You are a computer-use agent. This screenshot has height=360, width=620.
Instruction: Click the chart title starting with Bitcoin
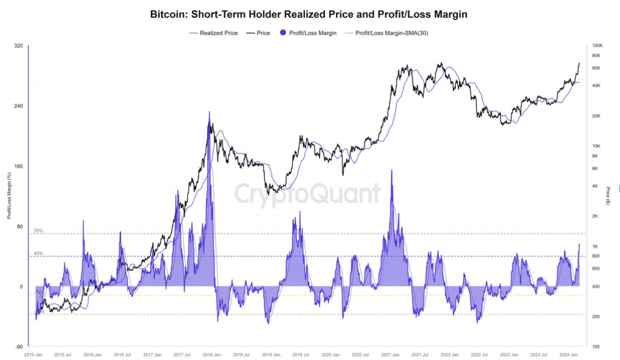(x=308, y=15)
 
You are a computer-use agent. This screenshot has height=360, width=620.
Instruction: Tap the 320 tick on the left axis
(x=19, y=46)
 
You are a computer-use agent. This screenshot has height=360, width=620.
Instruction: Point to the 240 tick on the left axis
(x=19, y=106)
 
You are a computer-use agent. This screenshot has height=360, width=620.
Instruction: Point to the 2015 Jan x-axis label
(x=33, y=354)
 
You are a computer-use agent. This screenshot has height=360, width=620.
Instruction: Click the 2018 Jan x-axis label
(x=211, y=354)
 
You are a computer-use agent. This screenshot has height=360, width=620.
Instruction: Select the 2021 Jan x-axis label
(x=390, y=354)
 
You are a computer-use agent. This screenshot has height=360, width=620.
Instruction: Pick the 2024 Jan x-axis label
(x=568, y=354)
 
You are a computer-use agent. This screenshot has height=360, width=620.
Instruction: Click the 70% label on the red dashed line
(x=38, y=230)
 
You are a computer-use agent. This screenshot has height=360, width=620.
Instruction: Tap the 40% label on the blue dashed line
(x=38, y=253)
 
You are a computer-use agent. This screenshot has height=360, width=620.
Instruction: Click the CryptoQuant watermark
(x=307, y=193)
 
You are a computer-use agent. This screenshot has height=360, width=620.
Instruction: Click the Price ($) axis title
(x=608, y=195)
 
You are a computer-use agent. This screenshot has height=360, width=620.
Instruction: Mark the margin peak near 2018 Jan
(x=209, y=112)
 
